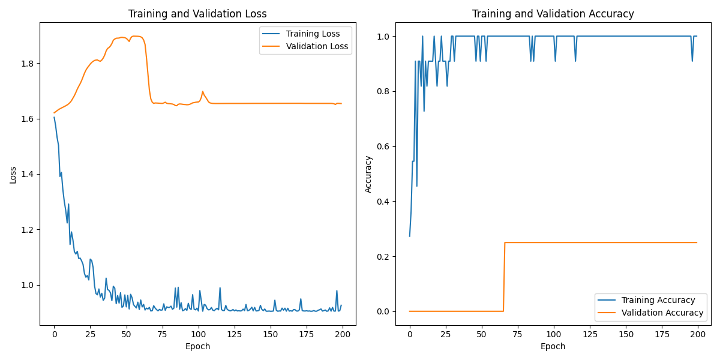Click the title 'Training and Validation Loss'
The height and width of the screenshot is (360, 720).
pos(198,14)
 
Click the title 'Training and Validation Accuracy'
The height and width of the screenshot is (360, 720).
pos(553,14)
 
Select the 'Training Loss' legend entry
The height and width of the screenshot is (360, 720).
pos(313,34)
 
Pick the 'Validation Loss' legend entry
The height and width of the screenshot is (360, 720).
pos(317,46)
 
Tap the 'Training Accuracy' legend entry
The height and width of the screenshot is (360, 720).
pos(658,300)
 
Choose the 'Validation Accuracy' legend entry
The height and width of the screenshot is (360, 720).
pos(662,313)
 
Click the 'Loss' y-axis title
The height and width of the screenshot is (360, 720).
pos(13,175)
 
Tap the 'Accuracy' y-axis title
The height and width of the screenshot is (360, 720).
pos(368,174)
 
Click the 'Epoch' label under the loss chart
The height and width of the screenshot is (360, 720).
pos(198,346)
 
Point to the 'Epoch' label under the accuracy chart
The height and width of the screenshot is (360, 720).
pos(553,346)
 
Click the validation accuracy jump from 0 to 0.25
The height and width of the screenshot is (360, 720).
pos(504,276)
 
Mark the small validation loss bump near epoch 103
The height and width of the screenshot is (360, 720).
pos(203,92)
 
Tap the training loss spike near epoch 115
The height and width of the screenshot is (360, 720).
pos(220,288)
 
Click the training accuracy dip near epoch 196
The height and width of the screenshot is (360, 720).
pos(692,61)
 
